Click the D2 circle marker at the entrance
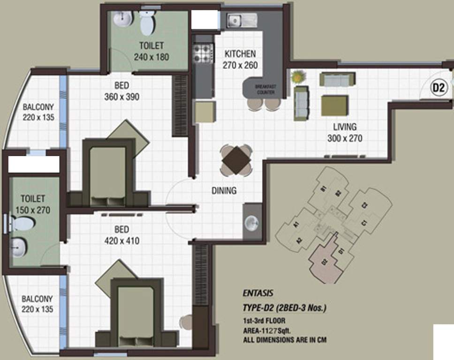[440, 87]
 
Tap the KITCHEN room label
[240, 53]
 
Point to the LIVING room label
[345, 127]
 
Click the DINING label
[224, 191]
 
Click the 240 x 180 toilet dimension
[151, 57]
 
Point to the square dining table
[236, 160]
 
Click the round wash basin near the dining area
[252, 222]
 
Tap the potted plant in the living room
[298, 75]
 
